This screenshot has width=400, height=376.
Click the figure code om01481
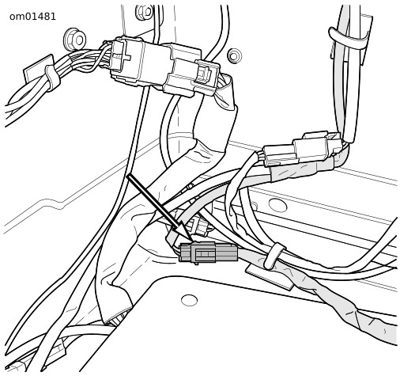pyautogui.click(x=32, y=17)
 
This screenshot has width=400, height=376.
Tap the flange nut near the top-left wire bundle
pyautogui.click(x=75, y=40)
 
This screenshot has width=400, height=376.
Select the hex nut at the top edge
pyautogui.click(x=145, y=12)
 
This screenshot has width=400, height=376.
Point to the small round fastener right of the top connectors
pyautogui.click(x=234, y=55)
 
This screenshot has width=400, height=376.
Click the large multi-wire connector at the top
pyautogui.click(x=156, y=65)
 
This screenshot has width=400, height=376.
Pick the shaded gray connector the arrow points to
pyautogui.click(x=208, y=253)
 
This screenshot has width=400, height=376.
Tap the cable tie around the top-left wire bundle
pyautogui.click(x=52, y=78)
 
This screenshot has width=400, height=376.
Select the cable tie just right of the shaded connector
pyautogui.click(x=274, y=256)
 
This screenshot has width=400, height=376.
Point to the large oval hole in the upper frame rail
pyautogui.click(x=277, y=205)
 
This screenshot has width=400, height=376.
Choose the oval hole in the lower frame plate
pyautogui.click(x=189, y=300)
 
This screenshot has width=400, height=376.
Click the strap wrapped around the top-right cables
pyautogui.click(x=348, y=39)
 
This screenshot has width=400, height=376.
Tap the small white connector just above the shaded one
pyautogui.click(x=200, y=226)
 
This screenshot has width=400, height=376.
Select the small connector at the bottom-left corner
pyautogui.click(x=58, y=351)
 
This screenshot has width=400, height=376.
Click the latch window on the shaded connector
pyautogui.click(x=205, y=254)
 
